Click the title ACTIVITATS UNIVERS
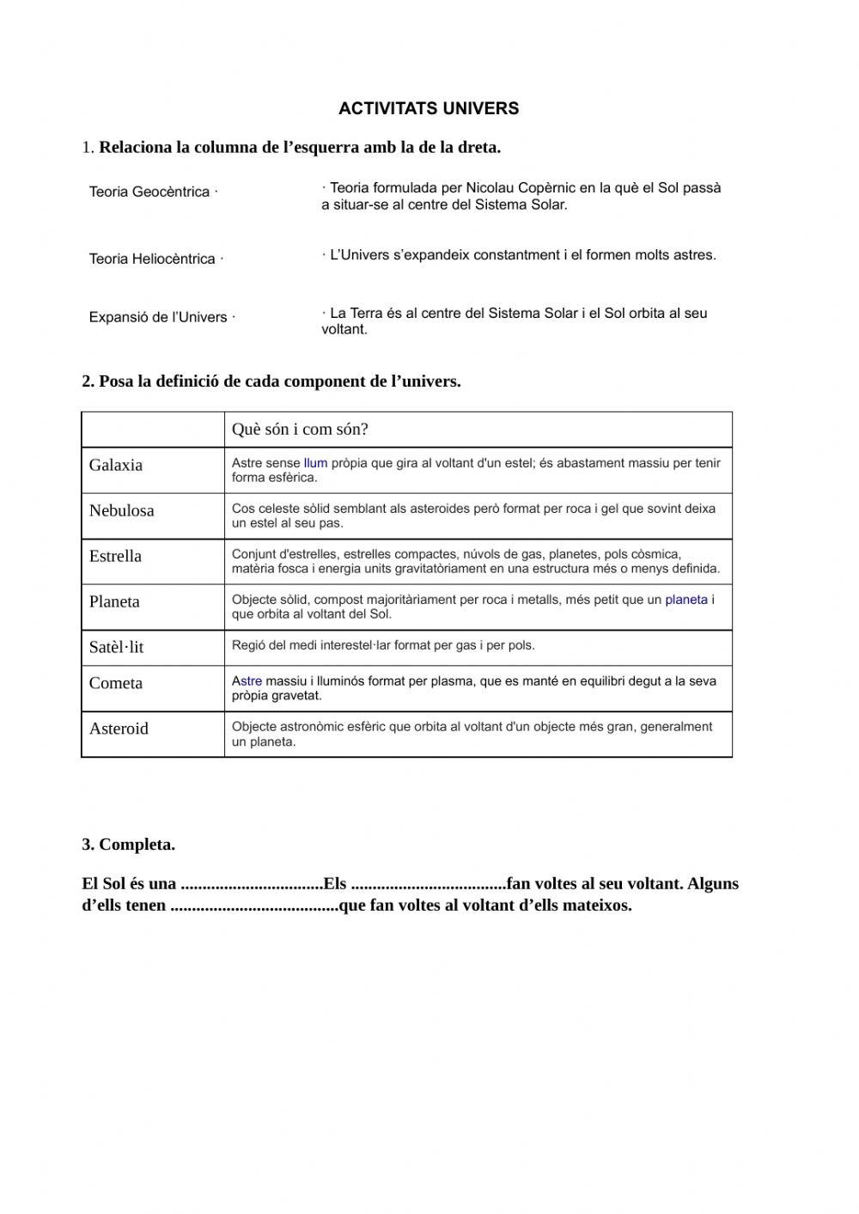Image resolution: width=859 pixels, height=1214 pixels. click(429, 109)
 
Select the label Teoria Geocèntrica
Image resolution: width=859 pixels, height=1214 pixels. click(149, 192)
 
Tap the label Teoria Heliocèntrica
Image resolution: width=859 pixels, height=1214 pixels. click(152, 259)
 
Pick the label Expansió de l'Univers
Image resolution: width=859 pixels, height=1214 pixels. click(158, 317)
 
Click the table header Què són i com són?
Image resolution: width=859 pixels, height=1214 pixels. click(300, 430)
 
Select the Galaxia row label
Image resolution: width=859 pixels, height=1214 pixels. click(116, 465)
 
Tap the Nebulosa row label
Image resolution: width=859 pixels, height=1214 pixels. click(122, 510)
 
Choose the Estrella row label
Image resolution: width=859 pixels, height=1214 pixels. click(115, 556)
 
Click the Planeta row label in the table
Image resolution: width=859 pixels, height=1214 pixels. click(114, 601)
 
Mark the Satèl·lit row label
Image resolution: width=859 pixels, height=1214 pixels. click(117, 647)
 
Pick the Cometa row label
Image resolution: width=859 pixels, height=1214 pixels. click(116, 683)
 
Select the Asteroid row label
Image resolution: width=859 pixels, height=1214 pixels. click(119, 729)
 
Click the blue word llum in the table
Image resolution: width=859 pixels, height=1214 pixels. click(315, 463)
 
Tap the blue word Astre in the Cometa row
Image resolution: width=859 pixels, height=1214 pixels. click(247, 681)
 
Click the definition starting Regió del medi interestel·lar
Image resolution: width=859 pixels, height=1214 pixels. click(383, 645)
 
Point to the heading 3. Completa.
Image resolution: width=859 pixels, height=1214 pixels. click(129, 845)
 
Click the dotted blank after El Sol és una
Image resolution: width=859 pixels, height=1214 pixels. click(252, 885)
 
